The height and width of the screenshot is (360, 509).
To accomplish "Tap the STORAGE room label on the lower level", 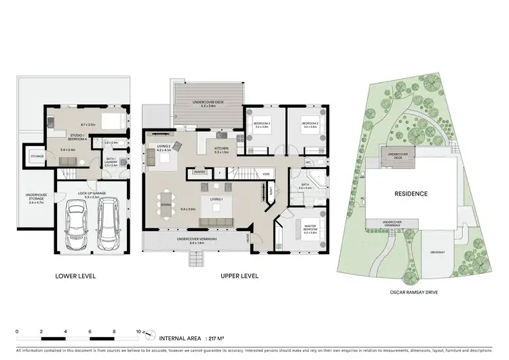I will coord(37,156).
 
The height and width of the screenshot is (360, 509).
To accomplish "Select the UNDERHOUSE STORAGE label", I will coord(36,200).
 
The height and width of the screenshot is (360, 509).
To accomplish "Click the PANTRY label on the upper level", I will coord(200,173).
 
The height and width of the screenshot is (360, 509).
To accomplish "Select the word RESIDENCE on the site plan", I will coord(411,193).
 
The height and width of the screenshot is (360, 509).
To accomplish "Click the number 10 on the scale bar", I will coord(138,331).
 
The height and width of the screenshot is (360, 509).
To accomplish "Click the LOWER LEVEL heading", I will coord(75,276).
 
